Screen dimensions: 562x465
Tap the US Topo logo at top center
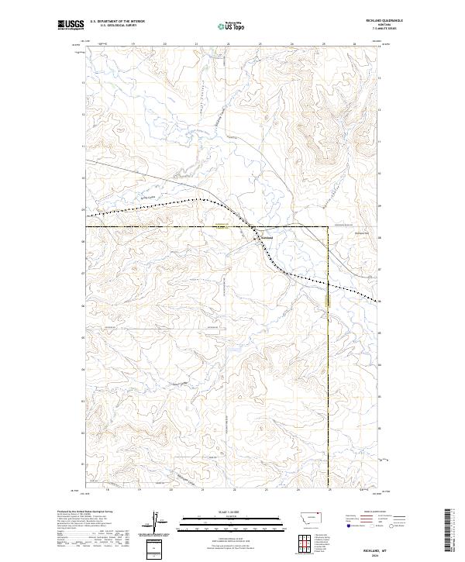coord(232,26)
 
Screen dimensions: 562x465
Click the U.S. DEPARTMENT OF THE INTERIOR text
coord(117,22)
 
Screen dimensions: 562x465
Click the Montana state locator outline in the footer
coord(303,517)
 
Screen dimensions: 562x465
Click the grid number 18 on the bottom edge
coord(108,490)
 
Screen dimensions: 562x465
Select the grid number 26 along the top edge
coord(354,44)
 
